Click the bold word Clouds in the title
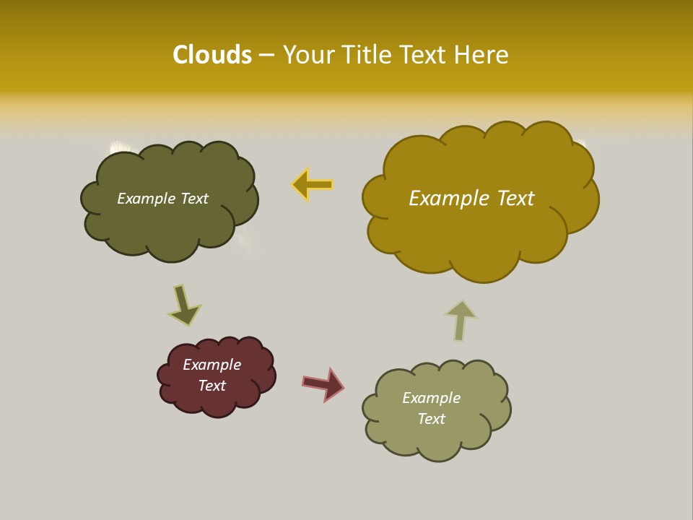212,55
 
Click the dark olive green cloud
170,224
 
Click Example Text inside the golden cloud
471,198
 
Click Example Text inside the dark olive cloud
162,199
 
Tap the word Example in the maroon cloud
212,365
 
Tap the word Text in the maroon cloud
212,386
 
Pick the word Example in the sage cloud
431,398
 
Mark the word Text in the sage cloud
431,419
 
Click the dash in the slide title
266,55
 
